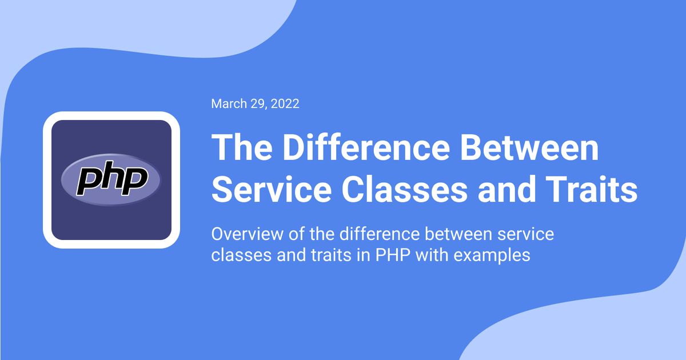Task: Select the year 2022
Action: [286, 104]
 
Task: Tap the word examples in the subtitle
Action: [492, 255]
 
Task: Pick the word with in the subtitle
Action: [432, 255]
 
